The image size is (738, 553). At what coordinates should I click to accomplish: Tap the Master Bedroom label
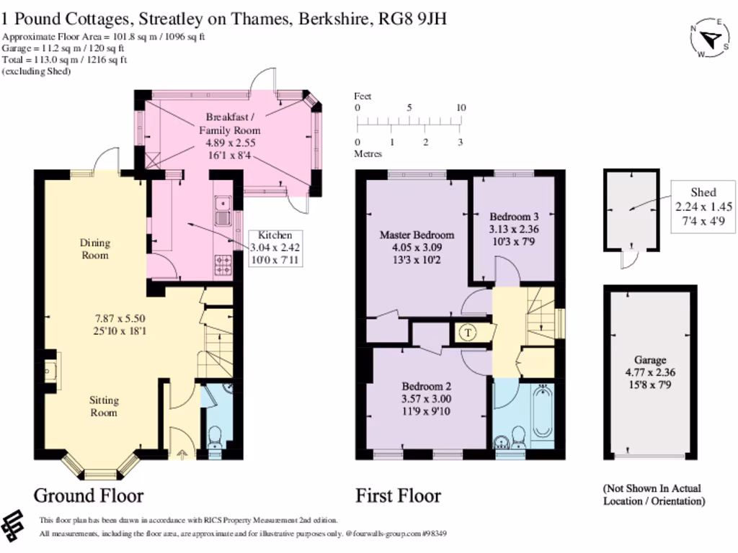417,235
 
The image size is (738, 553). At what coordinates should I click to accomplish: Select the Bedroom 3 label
514,217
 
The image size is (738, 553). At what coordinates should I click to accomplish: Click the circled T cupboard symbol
468,332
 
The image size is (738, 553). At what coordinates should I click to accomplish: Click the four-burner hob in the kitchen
222,264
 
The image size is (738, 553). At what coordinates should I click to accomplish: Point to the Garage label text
650,360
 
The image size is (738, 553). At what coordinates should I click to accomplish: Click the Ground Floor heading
89,495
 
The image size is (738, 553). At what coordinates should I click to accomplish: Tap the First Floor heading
398,495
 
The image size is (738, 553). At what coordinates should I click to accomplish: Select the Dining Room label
94,249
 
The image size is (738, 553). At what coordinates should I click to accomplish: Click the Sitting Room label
104,406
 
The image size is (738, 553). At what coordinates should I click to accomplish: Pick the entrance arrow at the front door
180,454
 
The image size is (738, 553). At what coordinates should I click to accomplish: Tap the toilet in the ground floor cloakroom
214,437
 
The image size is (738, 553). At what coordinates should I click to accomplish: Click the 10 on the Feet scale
461,108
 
